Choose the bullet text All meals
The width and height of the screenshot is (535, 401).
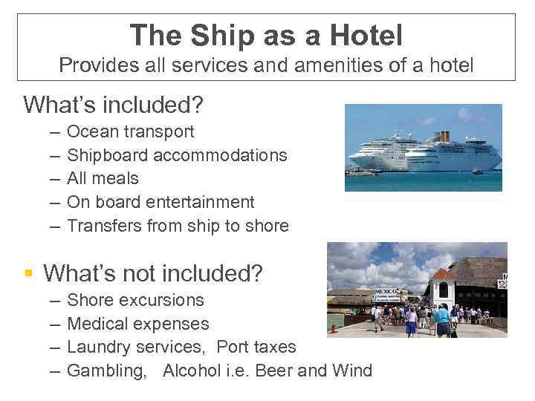103,178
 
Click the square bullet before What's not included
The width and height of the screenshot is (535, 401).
29,274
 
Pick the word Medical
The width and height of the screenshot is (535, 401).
97,324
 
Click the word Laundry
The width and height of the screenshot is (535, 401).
98,347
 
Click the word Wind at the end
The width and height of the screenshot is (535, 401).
352,371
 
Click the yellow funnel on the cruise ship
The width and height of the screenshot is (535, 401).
444,137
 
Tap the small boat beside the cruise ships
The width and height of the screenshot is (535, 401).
477,172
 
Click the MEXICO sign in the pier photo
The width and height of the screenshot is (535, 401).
386,291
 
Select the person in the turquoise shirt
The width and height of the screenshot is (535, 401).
443,316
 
